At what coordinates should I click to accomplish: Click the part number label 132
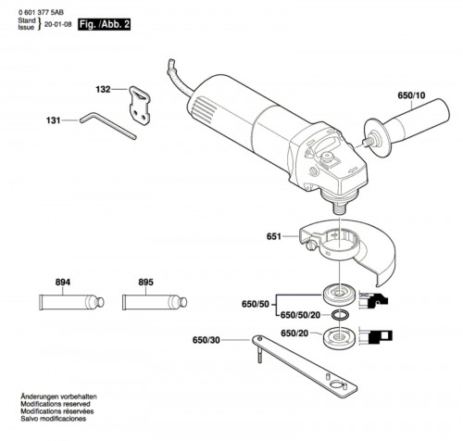[x=103, y=89]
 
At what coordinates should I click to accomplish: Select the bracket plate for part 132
[x=140, y=106]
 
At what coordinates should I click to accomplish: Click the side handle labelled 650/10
[x=407, y=122]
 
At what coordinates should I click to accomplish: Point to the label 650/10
[x=411, y=95]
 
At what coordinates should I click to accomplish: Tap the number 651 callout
[x=274, y=236]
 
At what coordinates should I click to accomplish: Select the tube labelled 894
[x=71, y=302]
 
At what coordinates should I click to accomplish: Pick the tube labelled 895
[x=155, y=302]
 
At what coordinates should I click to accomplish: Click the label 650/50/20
[x=300, y=315]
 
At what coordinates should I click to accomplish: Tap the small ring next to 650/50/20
[x=340, y=315]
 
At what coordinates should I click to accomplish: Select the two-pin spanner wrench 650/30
[x=305, y=366]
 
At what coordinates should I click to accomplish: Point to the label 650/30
[x=206, y=340]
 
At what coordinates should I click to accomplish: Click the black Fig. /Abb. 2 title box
[x=105, y=24]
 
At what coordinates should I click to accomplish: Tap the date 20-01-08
[x=58, y=25]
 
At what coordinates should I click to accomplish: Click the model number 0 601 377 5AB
[x=41, y=12]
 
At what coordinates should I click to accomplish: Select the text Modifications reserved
[x=56, y=404]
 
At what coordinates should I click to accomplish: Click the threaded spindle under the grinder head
[x=340, y=208]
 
